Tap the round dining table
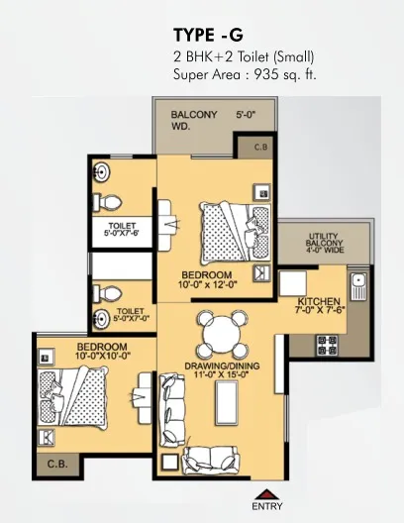222,333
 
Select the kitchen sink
358,286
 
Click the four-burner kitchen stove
327,346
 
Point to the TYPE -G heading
208,35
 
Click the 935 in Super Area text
266,74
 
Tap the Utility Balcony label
324,243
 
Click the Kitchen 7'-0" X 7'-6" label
319,305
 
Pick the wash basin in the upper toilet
101,172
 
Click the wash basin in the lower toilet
101,320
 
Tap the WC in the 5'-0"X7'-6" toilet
107,202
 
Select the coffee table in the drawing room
227,403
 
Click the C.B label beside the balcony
260,147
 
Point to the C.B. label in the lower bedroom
57,464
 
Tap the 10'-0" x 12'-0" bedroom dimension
207,285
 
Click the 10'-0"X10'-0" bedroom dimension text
103,357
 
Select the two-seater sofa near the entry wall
210,459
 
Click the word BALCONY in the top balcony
194,115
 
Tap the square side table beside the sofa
170,462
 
